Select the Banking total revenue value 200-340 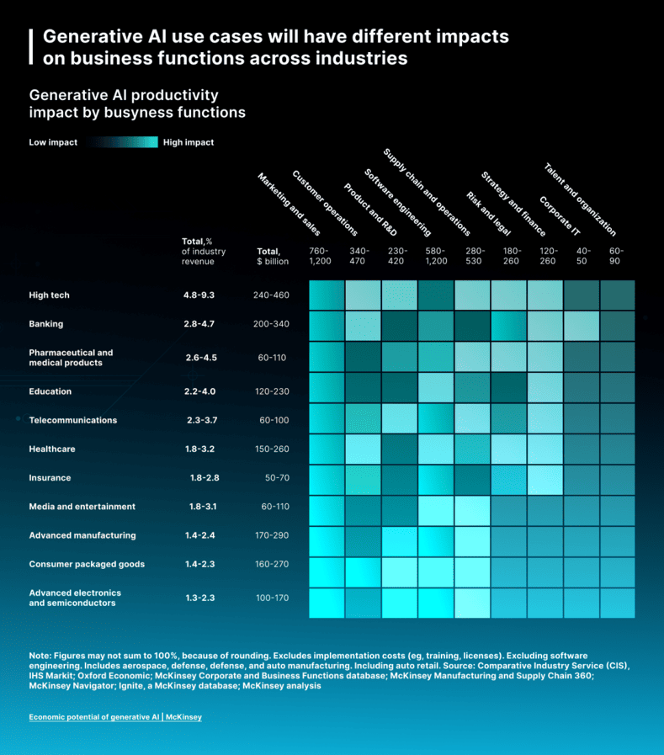[271, 324]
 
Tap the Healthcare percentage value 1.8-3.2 [200, 449]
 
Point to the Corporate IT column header [560, 215]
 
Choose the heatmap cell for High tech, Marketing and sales [327, 295]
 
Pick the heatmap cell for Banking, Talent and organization [618, 324]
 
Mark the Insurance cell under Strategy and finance [509, 478]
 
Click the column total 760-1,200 [320, 256]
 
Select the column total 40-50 [583, 256]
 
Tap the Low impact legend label [53, 142]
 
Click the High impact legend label [189, 142]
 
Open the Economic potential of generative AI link [115, 717]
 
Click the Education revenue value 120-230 [271, 391]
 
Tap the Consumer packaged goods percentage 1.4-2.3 [200, 564]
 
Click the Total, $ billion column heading [273, 256]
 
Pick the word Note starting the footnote [40, 655]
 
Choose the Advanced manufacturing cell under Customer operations [363, 535]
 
